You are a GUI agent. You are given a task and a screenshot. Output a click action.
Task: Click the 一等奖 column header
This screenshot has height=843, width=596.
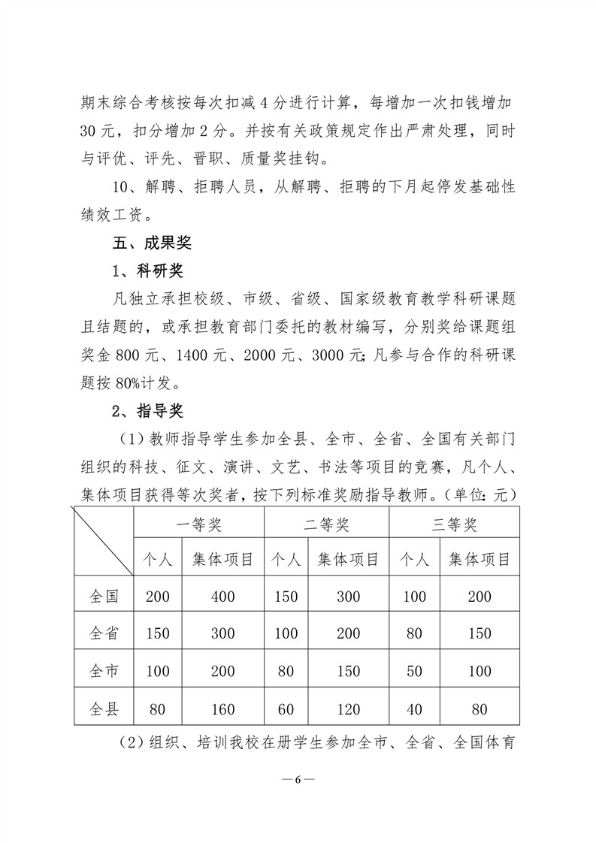(199, 524)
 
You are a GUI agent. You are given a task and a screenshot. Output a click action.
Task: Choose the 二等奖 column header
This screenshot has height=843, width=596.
(326, 524)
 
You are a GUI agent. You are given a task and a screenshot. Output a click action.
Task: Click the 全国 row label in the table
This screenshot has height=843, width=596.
(104, 597)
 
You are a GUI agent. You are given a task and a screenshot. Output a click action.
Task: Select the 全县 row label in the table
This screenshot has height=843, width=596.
(104, 709)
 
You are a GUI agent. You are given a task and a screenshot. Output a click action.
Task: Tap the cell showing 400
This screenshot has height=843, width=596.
(222, 597)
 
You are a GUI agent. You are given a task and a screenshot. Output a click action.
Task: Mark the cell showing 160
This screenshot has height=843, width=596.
(222, 709)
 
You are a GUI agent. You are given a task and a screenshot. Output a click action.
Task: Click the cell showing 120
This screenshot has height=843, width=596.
(348, 709)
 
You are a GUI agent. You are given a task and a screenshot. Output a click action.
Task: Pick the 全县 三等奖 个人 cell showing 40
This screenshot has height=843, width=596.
(415, 709)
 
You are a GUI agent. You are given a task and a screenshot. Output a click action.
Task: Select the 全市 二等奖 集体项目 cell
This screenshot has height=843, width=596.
(348, 672)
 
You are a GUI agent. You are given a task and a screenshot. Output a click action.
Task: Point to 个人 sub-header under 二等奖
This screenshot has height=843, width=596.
(286, 560)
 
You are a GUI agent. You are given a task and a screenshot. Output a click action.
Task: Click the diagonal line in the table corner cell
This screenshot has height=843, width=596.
(103, 541)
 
